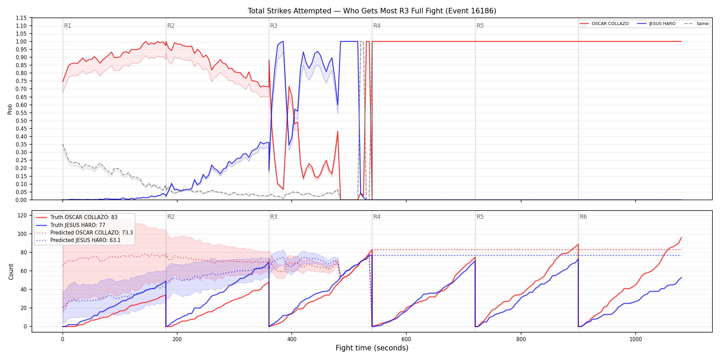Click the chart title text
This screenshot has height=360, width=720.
372,11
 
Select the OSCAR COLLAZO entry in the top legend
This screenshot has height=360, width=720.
604,24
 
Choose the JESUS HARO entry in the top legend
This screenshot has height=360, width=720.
656,24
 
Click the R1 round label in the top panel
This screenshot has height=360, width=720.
68,26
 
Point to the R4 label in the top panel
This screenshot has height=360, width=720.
377,26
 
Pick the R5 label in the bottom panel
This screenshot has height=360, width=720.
480,217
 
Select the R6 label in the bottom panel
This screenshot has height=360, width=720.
583,217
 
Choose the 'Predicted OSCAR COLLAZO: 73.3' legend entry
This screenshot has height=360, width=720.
84,233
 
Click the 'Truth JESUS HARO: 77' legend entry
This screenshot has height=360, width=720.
71,225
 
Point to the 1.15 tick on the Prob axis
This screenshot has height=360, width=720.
21,18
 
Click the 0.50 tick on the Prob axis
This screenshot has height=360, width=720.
21,121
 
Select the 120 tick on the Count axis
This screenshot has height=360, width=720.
22,215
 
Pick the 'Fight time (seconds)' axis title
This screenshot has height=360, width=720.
372,348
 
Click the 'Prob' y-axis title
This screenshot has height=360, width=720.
10,109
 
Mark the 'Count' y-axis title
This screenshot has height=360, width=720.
11,272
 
